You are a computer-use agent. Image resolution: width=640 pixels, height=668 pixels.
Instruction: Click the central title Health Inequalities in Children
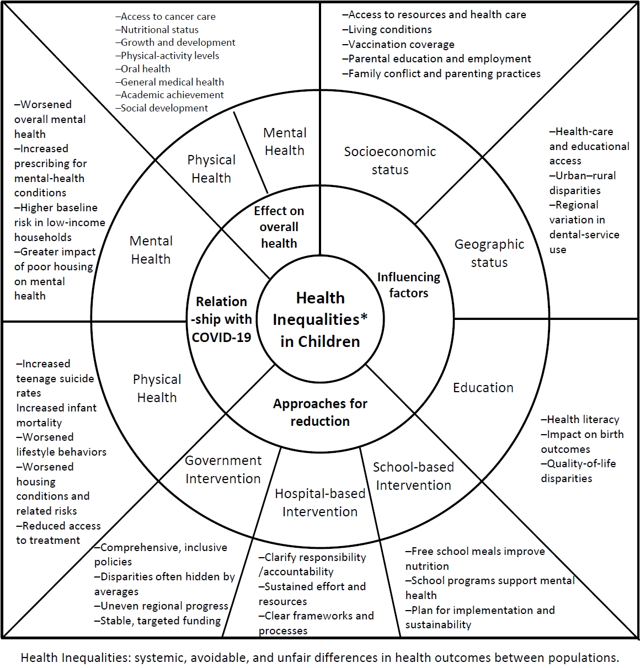point(320,319)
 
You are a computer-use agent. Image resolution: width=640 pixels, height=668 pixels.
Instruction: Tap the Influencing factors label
point(408,285)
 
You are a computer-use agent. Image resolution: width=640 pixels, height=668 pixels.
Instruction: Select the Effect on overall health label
point(279,227)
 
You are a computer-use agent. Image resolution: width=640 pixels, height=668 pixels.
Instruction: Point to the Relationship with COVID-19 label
point(221,319)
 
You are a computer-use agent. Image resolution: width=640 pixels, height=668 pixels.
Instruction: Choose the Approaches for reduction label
point(320,412)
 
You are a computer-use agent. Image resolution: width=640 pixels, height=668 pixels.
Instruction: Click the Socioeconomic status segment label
point(390,161)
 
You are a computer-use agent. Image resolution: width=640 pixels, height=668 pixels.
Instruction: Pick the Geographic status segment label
point(489,253)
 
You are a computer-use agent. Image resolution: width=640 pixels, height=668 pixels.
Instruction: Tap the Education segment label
point(483,388)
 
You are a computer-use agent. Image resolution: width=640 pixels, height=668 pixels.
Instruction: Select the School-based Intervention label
point(413,476)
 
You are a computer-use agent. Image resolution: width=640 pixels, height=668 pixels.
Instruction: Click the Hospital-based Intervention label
point(320,503)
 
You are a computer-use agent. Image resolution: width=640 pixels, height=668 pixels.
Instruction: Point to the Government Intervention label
point(223,469)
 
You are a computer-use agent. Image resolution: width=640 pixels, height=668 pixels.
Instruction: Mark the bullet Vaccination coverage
point(398,44)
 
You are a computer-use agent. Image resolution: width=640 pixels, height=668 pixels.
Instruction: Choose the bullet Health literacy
point(580,420)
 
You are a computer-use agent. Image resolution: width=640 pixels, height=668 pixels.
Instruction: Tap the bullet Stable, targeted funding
point(158,621)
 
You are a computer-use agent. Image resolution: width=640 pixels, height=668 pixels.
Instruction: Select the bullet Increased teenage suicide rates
point(55,378)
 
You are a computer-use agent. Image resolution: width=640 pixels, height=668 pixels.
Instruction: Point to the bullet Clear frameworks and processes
point(316,623)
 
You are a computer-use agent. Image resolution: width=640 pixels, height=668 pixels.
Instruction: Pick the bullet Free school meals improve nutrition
point(474,558)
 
